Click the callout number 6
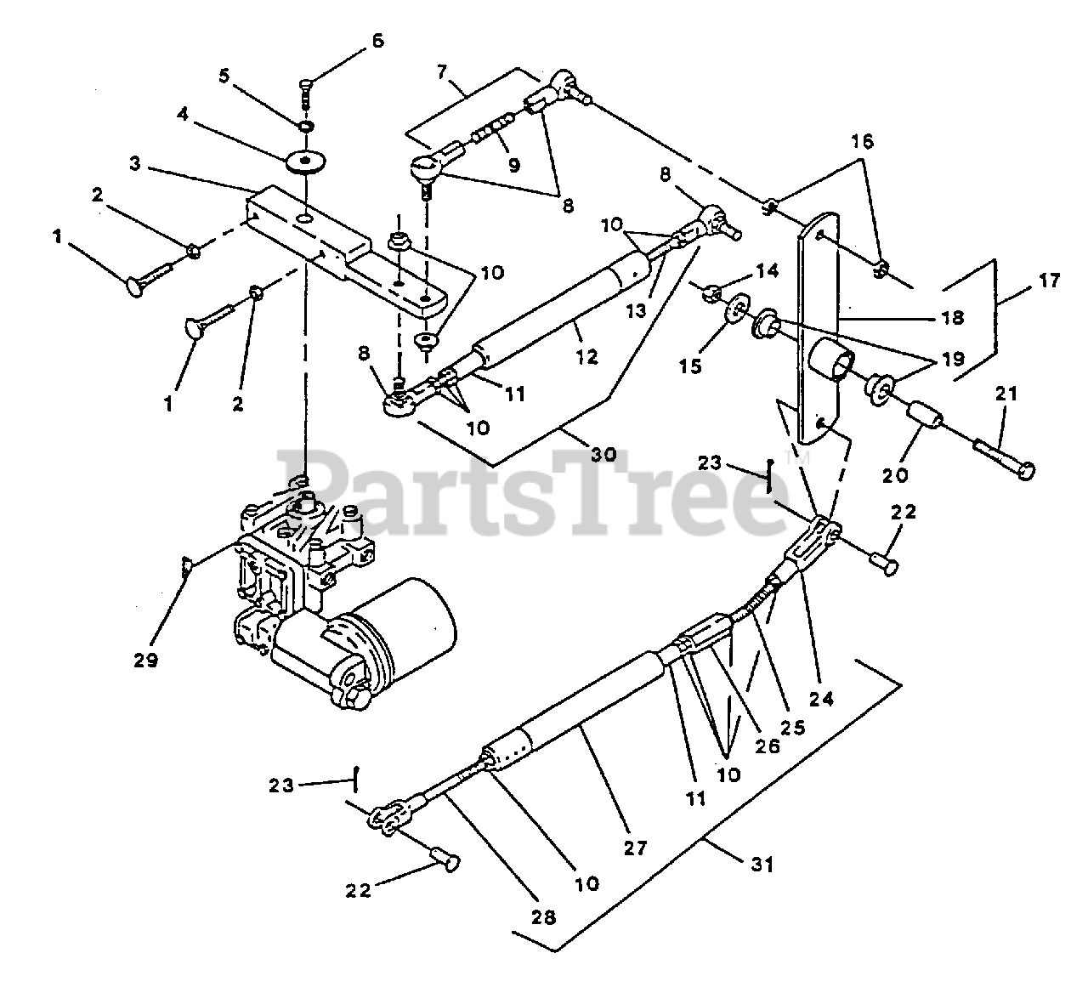point(377,40)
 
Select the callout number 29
point(146,659)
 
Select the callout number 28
point(544,917)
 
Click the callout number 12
point(587,357)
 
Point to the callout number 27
point(635,847)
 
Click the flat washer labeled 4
point(303,161)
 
